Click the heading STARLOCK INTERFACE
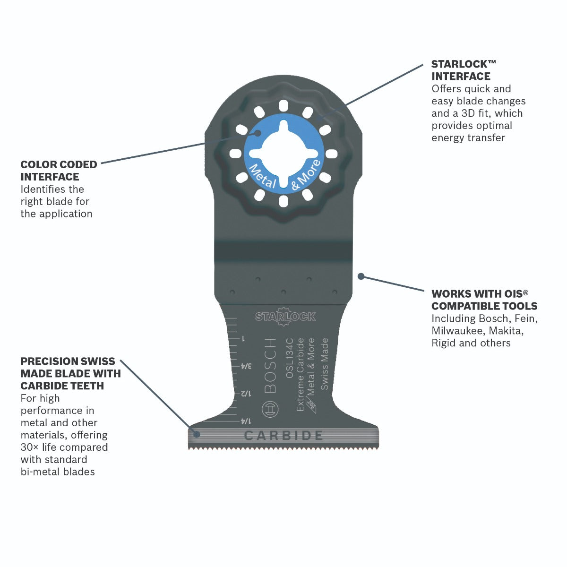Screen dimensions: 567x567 [x=464, y=70]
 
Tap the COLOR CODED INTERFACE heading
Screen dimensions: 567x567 [x=59, y=171]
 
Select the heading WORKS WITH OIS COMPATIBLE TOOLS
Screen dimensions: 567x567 [x=484, y=300]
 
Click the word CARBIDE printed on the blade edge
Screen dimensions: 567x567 [x=283, y=436]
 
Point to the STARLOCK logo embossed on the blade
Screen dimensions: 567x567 [x=285, y=317]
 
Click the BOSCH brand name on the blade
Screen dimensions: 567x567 [x=270, y=365]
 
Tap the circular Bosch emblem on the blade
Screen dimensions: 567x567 [x=270, y=409]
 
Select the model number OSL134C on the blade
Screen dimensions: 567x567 [x=290, y=358]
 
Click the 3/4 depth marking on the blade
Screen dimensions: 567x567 [x=246, y=366]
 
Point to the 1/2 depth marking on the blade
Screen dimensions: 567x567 [x=246, y=394]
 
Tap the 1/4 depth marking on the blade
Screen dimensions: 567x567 [x=246, y=421]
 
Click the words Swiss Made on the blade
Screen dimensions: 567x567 [x=324, y=364]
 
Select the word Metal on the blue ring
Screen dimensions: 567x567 [x=262, y=177]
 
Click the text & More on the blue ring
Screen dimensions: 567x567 [x=306, y=175]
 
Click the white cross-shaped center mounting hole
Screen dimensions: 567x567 [x=283, y=154]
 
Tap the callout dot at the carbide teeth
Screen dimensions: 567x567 [x=197, y=434]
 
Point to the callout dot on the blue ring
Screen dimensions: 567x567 [x=258, y=133]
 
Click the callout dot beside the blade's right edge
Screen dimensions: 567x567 [x=361, y=276]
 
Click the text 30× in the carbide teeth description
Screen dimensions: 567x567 [x=30, y=447]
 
